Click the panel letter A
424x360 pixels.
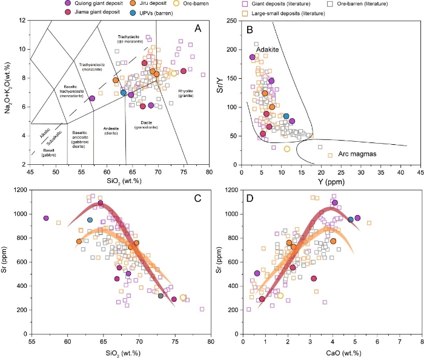197,28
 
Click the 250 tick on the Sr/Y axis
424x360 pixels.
231,21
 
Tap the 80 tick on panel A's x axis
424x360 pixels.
209,172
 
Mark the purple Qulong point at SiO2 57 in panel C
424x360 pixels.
45,218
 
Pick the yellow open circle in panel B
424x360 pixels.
287,149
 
